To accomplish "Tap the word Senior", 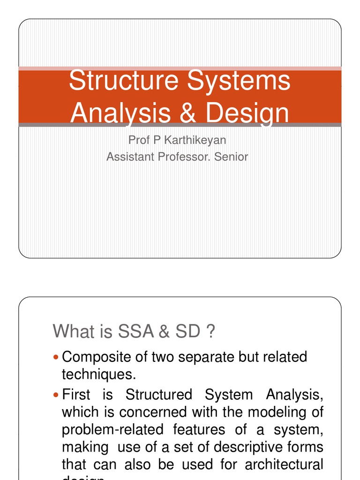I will coord(231,157).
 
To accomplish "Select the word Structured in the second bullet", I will coord(159,395).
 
